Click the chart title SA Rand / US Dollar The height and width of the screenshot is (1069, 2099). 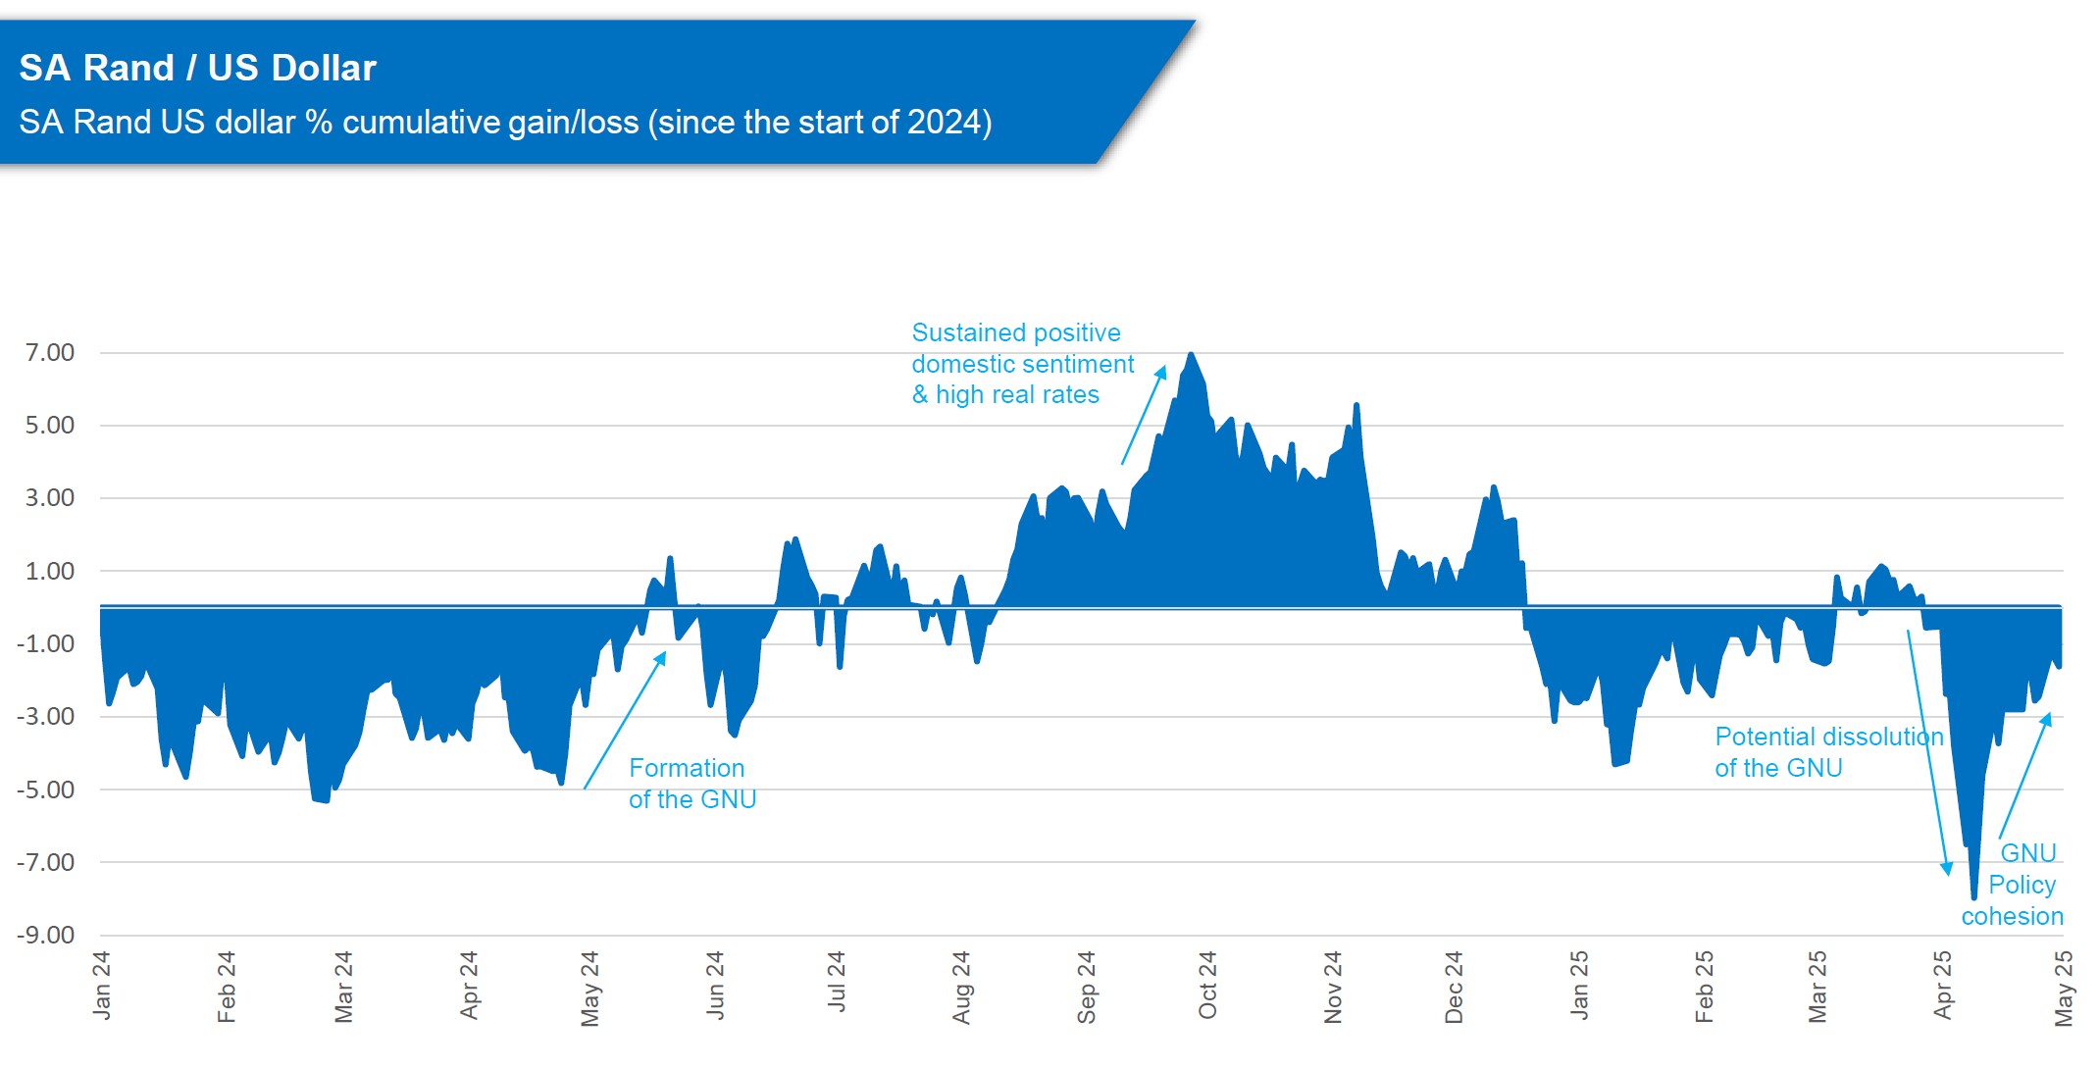click(197, 68)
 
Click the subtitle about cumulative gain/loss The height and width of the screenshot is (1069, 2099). click(505, 123)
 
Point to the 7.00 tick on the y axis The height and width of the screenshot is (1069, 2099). click(50, 352)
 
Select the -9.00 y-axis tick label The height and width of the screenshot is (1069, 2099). click(46, 935)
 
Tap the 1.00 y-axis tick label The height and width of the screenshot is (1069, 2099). click(50, 571)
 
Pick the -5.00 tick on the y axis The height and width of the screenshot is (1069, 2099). click(46, 789)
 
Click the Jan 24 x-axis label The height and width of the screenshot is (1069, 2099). click(101, 986)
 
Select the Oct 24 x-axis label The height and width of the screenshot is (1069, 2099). click(1207, 986)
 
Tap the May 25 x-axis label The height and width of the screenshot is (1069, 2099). click(2064, 988)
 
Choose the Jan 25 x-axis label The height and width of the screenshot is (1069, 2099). click(1578, 986)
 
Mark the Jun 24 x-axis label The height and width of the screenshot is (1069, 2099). click(715, 986)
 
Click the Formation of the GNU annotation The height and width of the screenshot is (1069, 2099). click(691, 784)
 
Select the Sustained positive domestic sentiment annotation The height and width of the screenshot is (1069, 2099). click(1022, 364)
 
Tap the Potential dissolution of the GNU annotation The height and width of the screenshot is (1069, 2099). click(1828, 752)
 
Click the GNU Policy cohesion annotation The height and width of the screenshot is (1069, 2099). click(2016, 885)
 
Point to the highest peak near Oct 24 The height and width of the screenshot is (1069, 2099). click(1191, 355)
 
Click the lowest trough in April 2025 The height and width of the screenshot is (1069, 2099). click(1973, 895)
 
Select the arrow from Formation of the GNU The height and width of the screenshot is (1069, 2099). click(625, 721)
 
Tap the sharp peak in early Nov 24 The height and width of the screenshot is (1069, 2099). click(1357, 405)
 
